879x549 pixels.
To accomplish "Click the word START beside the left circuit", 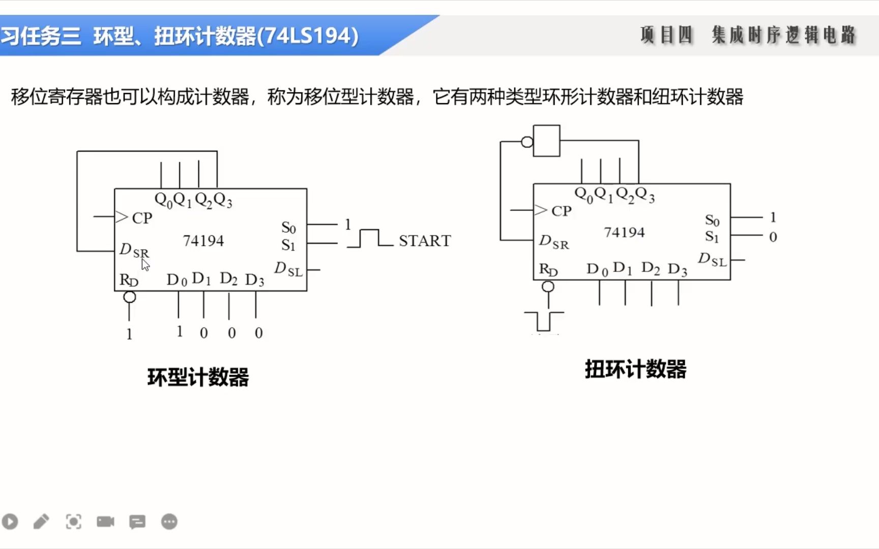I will click(x=425, y=240).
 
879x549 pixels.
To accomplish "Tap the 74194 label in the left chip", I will click(x=203, y=240).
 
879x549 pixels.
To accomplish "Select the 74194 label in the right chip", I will click(x=624, y=232).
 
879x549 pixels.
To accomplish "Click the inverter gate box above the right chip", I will click(x=547, y=141).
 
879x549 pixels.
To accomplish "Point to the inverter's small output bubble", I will click(x=528, y=142).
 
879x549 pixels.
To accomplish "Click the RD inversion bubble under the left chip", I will click(x=130, y=297).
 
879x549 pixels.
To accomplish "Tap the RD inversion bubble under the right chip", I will click(x=548, y=287).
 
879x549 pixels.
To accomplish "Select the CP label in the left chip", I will click(x=142, y=218).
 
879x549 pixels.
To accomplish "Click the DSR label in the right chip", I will click(x=554, y=242).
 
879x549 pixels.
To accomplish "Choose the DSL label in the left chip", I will click(x=288, y=269).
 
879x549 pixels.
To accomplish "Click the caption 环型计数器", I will click(x=198, y=378).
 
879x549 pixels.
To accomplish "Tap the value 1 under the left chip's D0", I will click(x=180, y=331).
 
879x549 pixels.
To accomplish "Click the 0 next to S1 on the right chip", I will click(x=773, y=237).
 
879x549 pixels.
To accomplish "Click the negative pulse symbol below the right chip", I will click(x=544, y=321).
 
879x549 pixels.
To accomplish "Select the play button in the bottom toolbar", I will click(x=10, y=522).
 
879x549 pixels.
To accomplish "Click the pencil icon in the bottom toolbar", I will click(x=41, y=522).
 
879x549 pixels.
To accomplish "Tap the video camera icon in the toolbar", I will click(x=105, y=522).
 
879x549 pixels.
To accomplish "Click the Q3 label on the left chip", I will click(x=223, y=201).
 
